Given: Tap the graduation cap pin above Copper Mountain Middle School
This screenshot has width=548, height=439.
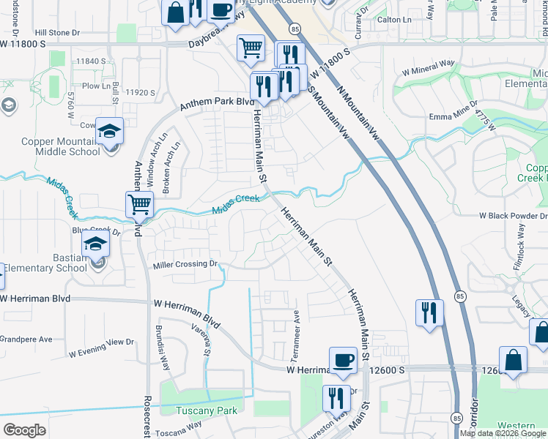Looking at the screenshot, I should (x=109, y=132).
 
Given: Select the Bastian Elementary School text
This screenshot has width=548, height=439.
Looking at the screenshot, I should (x=43, y=263).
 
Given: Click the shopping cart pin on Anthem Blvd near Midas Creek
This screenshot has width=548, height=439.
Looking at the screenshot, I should (x=138, y=204).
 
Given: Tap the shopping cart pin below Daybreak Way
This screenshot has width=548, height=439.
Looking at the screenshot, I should (x=251, y=48).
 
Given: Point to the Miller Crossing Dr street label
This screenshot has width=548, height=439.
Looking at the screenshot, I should (x=185, y=264).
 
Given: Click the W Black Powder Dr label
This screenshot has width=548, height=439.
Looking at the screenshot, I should (x=513, y=217).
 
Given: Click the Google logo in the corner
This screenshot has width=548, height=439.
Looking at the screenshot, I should (x=24, y=430).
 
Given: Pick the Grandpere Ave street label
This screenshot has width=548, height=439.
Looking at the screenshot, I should (x=26, y=339).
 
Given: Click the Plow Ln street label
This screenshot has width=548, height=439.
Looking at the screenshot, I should (x=96, y=86).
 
